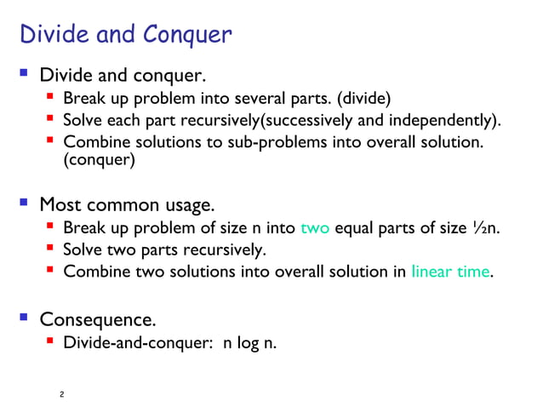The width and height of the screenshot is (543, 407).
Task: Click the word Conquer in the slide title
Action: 187,35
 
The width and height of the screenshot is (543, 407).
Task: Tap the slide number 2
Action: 62,395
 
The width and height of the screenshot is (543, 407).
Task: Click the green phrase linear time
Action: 450,272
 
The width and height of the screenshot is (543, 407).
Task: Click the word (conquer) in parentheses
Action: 99,159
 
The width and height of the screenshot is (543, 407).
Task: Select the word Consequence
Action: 98,320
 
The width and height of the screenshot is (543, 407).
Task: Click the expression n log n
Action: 250,343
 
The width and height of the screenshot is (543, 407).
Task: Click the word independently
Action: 442,118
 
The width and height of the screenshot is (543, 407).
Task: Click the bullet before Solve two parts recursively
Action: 51,250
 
